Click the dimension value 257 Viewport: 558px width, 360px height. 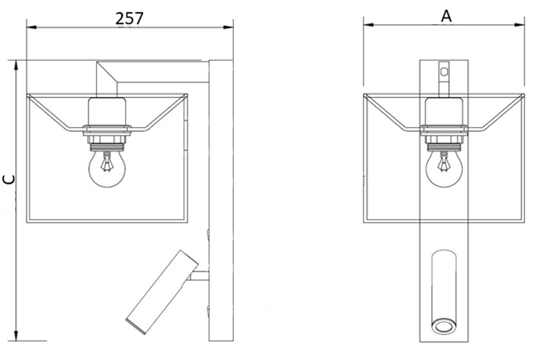click(x=129, y=19)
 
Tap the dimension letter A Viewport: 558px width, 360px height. click(x=446, y=16)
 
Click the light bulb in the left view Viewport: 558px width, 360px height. click(x=107, y=167)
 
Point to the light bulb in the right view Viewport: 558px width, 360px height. click(x=444, y=168)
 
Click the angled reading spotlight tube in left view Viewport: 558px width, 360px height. click(x=163, y=292)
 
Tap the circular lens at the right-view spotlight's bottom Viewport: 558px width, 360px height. click(x=444, y=327)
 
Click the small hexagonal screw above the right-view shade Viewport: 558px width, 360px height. click(x=444, y=72)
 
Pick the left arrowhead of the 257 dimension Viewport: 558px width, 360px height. click(x=31, y=27)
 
